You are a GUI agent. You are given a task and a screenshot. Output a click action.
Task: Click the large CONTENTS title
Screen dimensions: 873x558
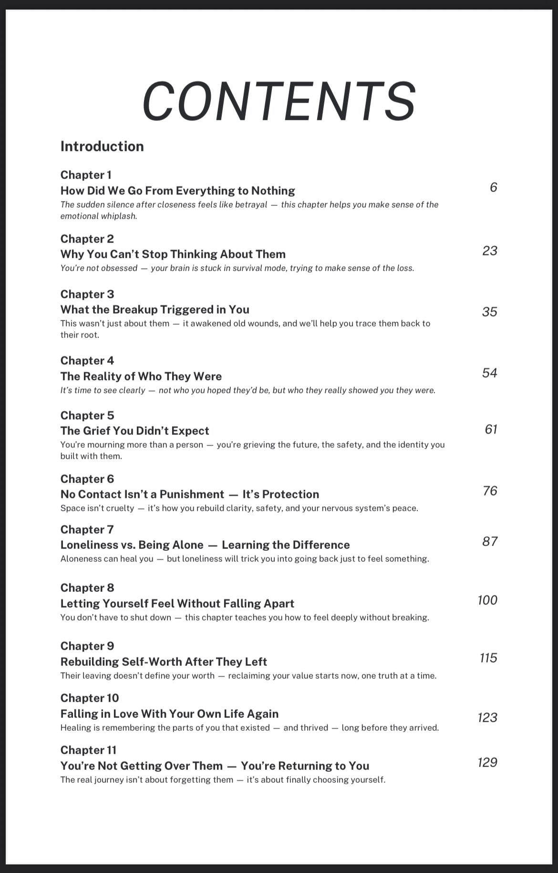coord(279,101)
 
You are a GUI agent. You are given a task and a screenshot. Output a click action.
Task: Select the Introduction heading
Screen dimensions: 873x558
coord(102,146)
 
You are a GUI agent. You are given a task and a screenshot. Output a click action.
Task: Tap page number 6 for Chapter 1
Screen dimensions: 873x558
coord(493,187)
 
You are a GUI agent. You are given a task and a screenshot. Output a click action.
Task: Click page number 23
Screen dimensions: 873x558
coord(490,251)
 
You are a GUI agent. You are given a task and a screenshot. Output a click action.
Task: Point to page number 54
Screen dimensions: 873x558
coord(490,373)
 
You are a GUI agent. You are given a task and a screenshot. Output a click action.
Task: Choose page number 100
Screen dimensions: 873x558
coord(487,600)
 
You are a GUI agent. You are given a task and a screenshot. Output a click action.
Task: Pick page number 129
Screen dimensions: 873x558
coord(487,762)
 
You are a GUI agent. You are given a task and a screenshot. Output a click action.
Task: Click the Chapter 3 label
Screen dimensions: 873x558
coord(87,294)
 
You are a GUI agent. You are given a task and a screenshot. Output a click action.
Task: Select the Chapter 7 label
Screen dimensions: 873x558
coord(87,529)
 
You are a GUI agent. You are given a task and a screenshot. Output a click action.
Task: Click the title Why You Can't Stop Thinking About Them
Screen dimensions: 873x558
coord(173,254)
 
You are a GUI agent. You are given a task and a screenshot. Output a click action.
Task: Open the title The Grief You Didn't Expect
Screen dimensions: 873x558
coord(134,431)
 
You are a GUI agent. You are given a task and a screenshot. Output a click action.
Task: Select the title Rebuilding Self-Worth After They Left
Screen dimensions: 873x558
coord(164,662)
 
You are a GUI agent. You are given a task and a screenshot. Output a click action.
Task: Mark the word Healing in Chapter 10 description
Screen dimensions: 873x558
coord(74,728)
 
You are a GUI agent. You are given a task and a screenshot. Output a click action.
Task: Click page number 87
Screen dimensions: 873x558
coord(490,541)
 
